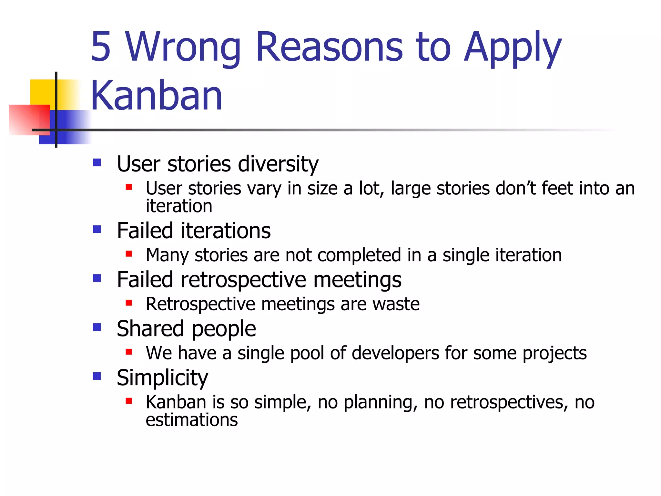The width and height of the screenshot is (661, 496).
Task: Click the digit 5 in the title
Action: click(x=101, y=46)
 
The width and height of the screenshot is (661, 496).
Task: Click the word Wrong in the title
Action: click(x=183, y=47)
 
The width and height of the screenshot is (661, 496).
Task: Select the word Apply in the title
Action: click(x=513, y=48)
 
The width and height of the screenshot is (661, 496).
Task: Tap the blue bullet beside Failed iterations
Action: click(x=97, y=229)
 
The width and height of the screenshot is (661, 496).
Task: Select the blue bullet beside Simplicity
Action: click(x=97, y=376)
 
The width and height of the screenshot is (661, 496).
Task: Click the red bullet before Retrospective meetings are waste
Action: click(x=129, y=303)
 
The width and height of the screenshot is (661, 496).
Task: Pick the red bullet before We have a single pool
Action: click(x=129, y=352)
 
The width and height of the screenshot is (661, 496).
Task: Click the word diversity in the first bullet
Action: click(x=278, y=164)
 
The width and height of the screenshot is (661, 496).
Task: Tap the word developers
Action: click(x=395, y=353)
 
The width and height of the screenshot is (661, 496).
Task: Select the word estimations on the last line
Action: click(x=192, y=420)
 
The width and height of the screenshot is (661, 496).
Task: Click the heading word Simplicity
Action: click(x=162, y=378)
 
